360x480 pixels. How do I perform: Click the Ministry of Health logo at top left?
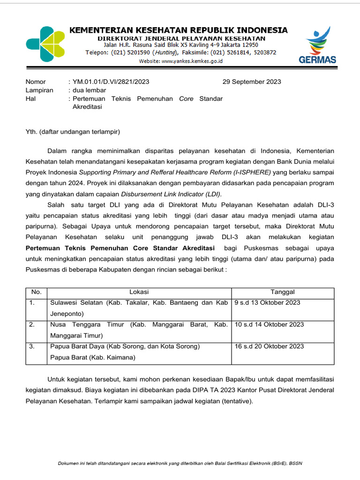(45, 44)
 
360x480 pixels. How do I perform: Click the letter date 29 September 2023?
(252, 82)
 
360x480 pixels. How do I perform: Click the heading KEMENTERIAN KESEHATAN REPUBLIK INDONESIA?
(179, 30)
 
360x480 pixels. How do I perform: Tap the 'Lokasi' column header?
(139, 292)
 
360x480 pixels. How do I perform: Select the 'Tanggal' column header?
(283, 292)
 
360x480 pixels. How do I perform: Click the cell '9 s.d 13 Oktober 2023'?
(268, 303)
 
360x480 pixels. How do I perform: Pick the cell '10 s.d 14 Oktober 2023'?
(269, 324)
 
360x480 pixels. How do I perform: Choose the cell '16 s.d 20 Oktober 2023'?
(269, 346)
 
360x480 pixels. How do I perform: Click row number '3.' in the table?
(32, 346)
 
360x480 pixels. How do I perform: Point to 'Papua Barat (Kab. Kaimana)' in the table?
(92, 358)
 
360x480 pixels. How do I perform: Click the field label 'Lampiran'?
(39, 90)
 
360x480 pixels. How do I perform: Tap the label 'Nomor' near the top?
(36, 82)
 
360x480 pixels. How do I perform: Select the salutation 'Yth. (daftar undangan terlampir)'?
(73, 132)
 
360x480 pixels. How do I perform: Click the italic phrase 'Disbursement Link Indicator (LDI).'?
(172, 194)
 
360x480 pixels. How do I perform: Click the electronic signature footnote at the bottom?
(180, 464)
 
